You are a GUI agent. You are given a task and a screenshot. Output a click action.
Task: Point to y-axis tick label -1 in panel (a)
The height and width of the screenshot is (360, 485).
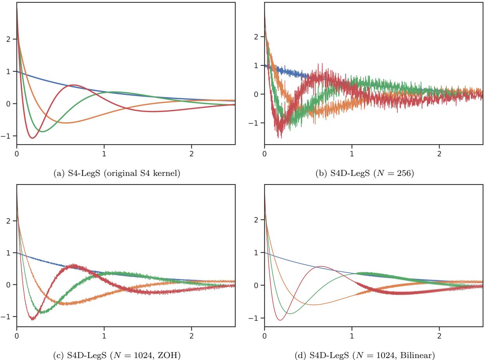coord(8,136)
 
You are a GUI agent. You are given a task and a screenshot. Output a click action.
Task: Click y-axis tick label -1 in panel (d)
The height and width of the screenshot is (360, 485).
coord(256,318)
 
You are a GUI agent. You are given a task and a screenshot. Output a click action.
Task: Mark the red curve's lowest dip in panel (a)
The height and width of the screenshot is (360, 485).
coord(32,138)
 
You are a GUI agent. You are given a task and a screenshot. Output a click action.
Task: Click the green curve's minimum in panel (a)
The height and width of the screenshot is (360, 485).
coord(42,132)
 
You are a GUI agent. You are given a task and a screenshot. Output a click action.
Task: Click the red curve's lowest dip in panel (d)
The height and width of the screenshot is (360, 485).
coord(280,320)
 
